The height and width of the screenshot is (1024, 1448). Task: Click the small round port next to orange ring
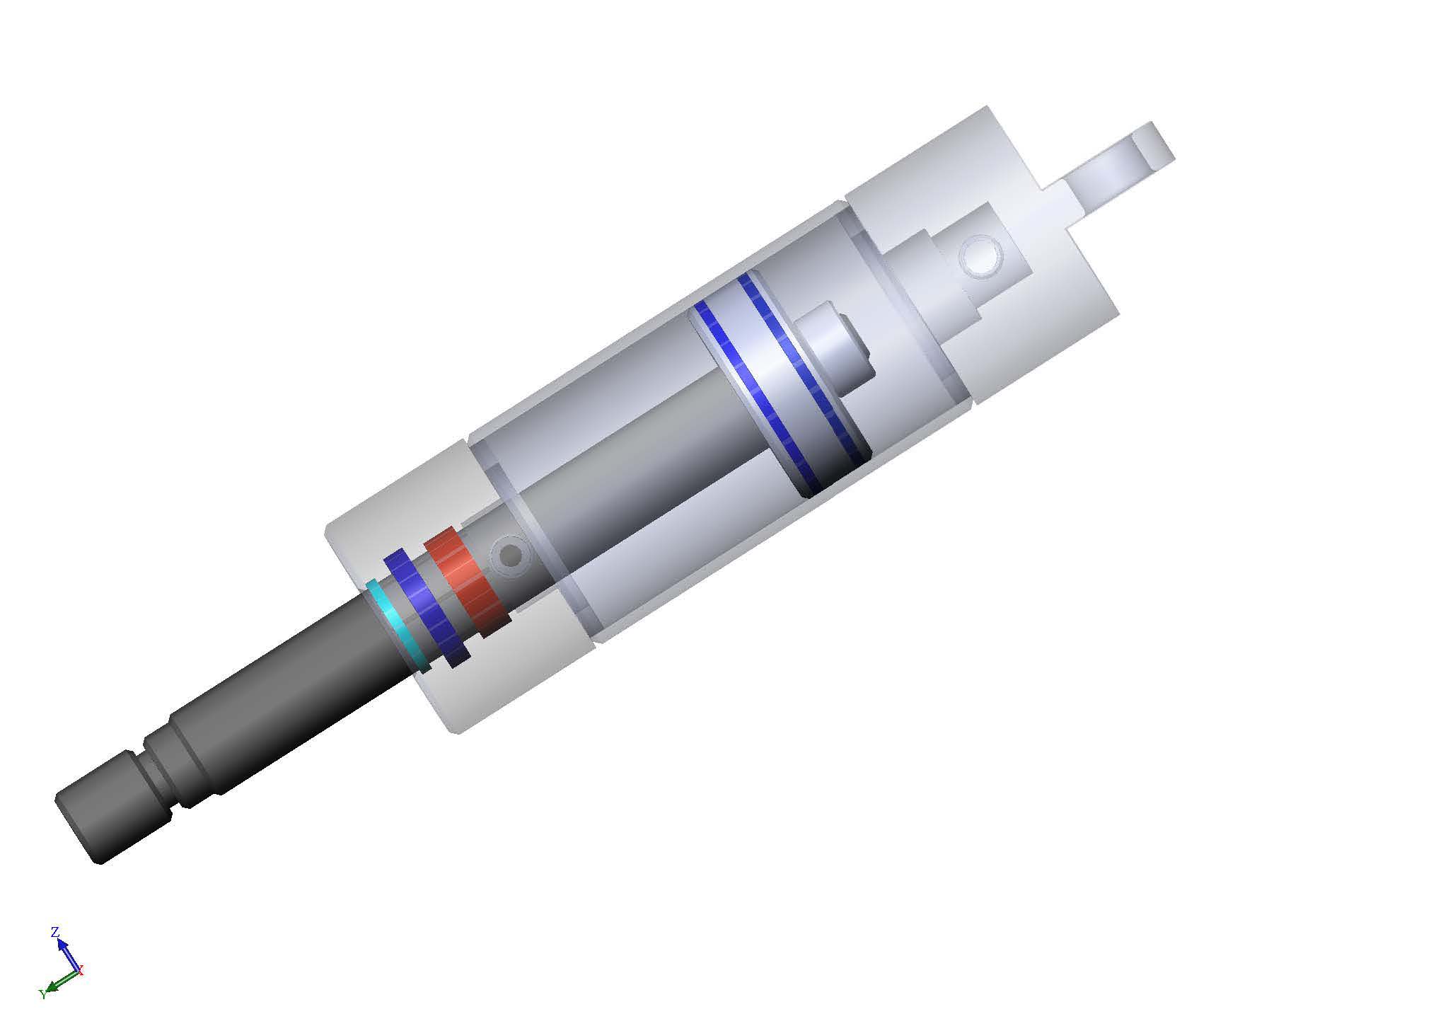coord(509,556)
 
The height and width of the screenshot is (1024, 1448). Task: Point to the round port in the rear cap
coord(983,258)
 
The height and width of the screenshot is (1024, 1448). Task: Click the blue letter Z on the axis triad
coord(54,932)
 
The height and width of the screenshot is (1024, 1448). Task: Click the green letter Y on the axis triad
coord(42,994)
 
